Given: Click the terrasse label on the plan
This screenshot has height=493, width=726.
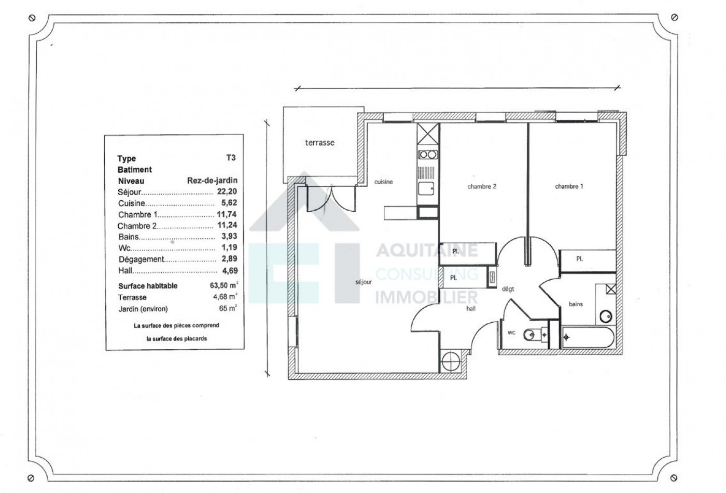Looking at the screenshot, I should (319, 143).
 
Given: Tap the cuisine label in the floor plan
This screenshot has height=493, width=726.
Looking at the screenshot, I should (384, 182).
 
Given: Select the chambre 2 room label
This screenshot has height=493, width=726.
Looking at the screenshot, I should (482, 186).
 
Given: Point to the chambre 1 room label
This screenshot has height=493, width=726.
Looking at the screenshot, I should (569, 186).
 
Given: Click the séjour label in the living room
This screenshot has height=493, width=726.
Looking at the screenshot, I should (364, 282).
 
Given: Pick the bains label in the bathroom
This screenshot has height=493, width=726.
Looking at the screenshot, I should (576, 304).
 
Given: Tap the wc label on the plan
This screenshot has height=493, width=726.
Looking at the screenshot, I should (511, 333).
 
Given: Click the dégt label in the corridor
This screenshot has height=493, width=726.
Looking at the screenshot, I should (508, 289).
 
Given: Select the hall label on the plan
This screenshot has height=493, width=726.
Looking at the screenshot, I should (471, 308).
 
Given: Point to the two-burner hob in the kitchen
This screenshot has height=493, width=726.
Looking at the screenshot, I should (428, 154).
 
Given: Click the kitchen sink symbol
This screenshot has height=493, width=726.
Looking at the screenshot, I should (427, 188).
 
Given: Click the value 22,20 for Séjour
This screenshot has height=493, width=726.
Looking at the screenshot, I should (227, 191).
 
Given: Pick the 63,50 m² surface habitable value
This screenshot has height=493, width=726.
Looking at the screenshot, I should (224, 285).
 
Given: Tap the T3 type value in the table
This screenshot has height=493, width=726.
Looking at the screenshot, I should (231, 158).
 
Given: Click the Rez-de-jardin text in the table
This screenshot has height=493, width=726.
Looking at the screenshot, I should (212, 181).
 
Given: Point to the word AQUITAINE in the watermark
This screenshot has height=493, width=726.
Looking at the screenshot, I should (426, 251).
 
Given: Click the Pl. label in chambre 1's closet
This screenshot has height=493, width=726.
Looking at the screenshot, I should (579, 258).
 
